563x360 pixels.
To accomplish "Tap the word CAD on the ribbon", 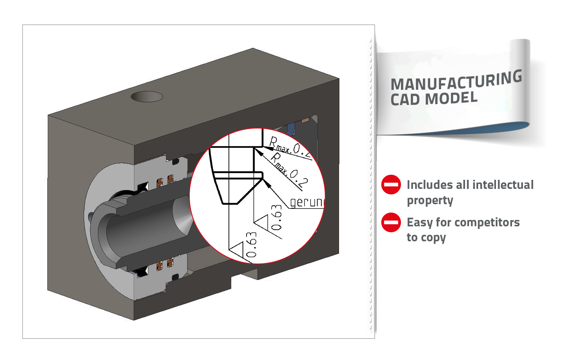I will [404, 99].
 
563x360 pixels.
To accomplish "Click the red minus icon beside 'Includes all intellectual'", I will [391, 185].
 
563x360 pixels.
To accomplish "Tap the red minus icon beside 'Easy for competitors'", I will [391, 222].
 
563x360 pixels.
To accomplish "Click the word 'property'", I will [430, 201].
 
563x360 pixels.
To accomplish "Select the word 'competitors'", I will [488, 222].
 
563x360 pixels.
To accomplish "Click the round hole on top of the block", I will [146, 96].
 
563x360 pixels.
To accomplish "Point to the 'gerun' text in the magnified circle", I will [307, 202].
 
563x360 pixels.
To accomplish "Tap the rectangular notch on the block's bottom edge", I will [245, 275].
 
